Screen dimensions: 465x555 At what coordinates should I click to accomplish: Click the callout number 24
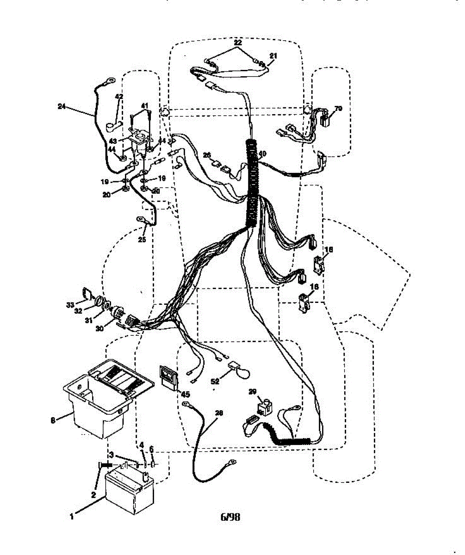(x=62, y=106)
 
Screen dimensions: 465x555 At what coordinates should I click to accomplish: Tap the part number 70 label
(x=338, y=109)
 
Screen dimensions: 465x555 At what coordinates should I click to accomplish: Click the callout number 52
(x=215, y=382)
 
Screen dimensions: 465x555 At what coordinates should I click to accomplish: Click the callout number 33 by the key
(x=70, y=304)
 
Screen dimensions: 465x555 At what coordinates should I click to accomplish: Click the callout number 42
(x=119, y=97)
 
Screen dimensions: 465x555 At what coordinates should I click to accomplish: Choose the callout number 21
(x=273, y=56)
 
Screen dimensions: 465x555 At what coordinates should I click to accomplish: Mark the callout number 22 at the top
(x=238, y=43)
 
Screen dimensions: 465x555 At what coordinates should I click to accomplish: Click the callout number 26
(x=207, y=154)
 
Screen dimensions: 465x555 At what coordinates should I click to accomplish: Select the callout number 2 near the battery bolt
(x=93, y=494)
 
